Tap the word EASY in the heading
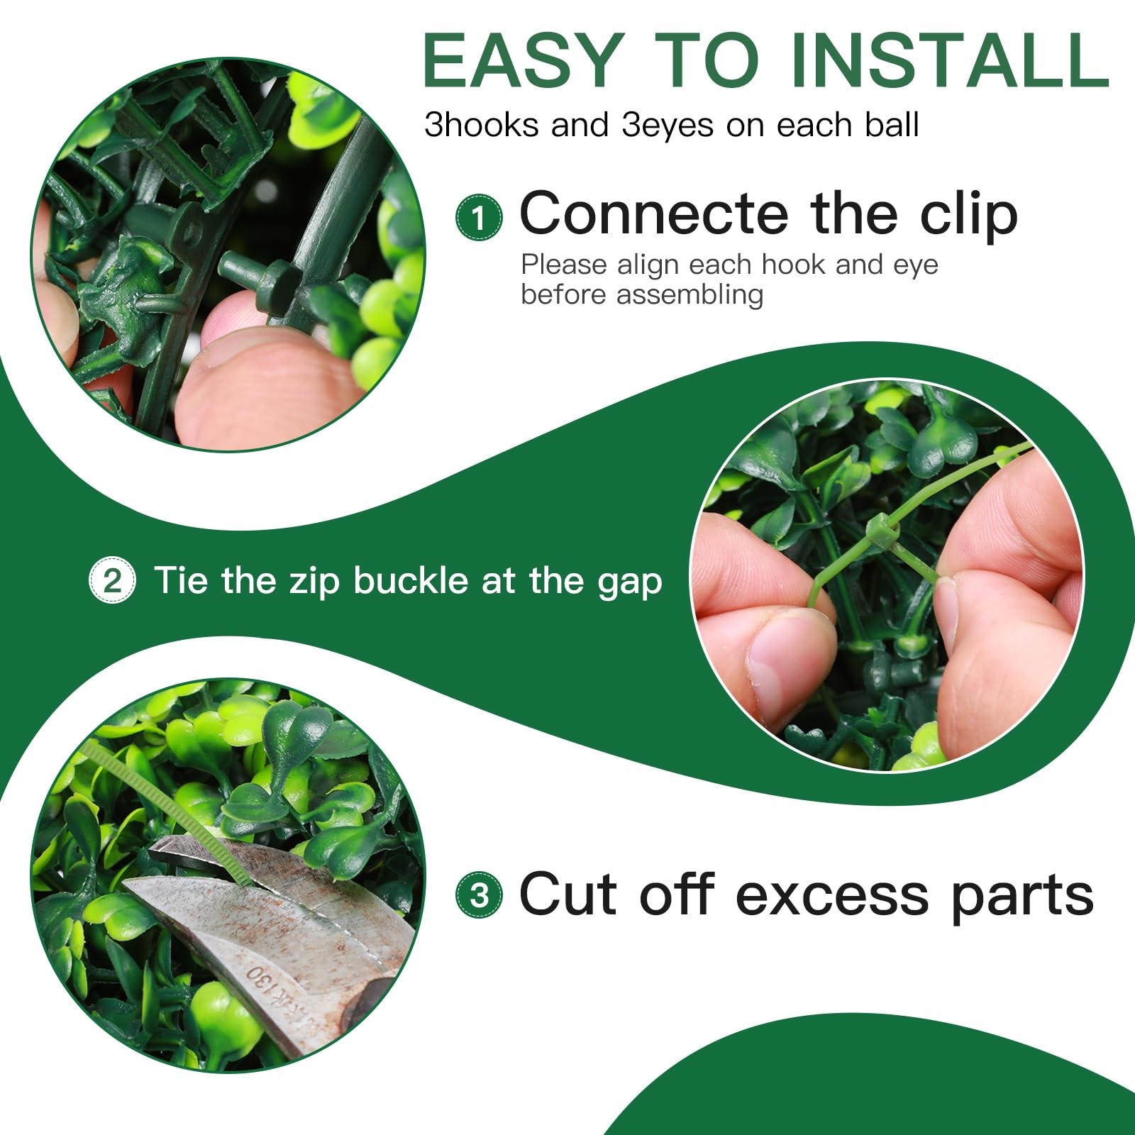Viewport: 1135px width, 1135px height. coord(524,60)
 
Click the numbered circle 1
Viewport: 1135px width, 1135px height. coord(479,217)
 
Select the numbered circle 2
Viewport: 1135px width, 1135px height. coord(112,581)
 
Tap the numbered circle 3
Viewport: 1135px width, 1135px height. coord(479,895)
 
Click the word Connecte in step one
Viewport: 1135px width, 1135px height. coord(654,214)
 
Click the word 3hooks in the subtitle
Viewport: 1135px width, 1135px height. coord(481,126)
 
